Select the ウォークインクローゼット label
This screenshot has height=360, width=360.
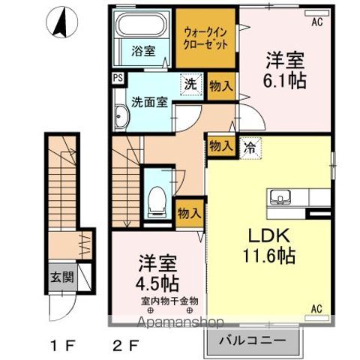(x=206, y=37)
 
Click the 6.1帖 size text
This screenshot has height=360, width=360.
(x=285, y=81)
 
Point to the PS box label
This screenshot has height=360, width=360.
(x=118, y=78)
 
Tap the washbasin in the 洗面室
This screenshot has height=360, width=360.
(x=121, y=117)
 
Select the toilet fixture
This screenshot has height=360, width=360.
(x=157, y=196)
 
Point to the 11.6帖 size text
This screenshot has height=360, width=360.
(x=268, y=255)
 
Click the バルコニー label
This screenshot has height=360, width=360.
(x=251, y=340)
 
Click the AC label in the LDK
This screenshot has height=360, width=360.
(x=316, y=307)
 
